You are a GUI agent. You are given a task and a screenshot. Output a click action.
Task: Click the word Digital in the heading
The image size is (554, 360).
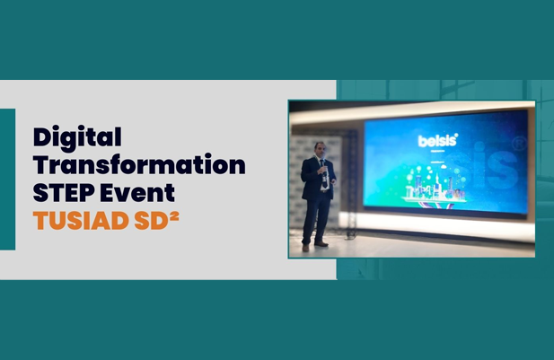[77, 138]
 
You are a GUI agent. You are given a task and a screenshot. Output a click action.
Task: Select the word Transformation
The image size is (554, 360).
[139, 164]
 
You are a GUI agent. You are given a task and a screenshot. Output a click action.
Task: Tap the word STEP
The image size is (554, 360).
[64, 192]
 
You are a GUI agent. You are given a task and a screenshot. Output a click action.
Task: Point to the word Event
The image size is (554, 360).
[137, 192]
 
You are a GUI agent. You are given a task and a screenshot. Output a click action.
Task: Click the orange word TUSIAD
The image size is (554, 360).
[81, 221]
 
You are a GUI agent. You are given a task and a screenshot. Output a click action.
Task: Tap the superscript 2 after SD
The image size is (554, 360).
[174, 215]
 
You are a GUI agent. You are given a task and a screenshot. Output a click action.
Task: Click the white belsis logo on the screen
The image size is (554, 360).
[438, 140]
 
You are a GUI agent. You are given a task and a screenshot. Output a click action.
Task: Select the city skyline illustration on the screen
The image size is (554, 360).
[435, 189]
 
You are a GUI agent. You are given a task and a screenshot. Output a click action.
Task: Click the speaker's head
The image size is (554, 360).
[320, 149]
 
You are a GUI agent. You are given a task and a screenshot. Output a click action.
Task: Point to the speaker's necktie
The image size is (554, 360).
[323, 173]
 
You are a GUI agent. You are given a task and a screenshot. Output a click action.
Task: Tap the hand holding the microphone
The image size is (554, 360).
[323, 171]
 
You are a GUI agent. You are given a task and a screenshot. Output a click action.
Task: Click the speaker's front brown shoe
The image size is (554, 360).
[321, 243]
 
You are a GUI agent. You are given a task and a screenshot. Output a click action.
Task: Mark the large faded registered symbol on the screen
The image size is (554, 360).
[520, 143]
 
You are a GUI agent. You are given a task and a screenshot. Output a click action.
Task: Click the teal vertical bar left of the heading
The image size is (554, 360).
[7, 180]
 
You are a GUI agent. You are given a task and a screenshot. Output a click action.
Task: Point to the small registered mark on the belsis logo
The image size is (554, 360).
[456, 135]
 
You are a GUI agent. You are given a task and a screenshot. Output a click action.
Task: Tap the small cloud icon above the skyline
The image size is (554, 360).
[444, 166]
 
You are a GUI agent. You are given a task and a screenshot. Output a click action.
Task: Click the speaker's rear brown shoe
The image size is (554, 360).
[305, 248]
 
